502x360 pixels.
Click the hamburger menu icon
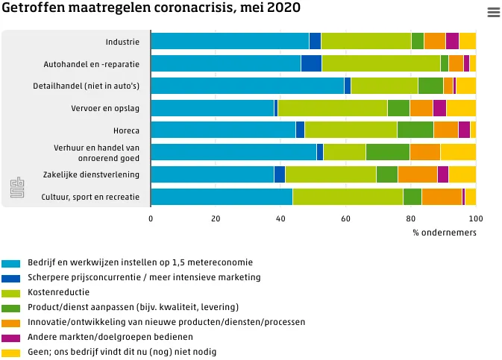[x=493, y=12]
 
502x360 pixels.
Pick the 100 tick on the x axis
[x=475, y=219]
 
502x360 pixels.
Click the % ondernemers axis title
[x=444, y=233]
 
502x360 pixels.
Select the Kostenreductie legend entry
[x=59, y=292]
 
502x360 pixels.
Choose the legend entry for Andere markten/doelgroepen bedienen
[x=106, y=337]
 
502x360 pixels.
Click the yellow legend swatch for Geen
[x=11, y=353]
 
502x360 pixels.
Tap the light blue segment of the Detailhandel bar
[x=247, y=86]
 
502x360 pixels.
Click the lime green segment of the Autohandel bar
[x=380, y=63]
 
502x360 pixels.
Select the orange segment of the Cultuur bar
[x=442, y=197]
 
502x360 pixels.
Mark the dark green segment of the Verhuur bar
[x=387, y=152]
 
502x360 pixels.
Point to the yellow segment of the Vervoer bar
[x=461, y=108]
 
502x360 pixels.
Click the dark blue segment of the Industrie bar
[x=315, y=42]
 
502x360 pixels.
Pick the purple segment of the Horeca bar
[x=464, y=130]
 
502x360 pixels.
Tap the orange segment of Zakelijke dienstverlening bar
[x=417, y=174]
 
